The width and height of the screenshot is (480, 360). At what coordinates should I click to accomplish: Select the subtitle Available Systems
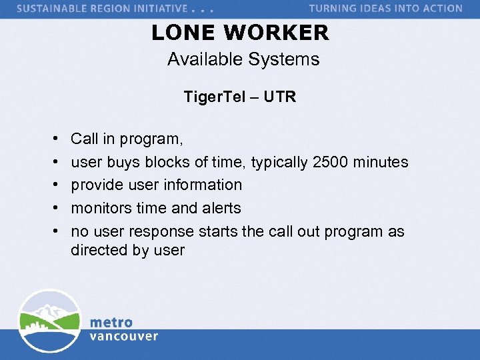(243, 59)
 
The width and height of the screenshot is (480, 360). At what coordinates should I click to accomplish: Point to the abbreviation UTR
(279, 97)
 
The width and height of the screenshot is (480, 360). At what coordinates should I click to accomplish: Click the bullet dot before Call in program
(53, 139)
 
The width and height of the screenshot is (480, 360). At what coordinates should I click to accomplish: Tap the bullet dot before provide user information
(53, 185)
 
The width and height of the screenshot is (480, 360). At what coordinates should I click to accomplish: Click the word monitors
(101, 208)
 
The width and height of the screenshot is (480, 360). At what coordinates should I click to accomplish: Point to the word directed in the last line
(99, 250)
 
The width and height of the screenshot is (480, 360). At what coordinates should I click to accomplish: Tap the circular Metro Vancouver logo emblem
(49, 321)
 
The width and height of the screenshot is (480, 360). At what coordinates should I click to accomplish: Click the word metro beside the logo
(111, 323)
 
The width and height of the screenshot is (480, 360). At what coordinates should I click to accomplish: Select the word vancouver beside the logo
(124, 336)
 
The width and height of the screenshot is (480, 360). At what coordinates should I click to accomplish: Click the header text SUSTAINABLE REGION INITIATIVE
(101, 9)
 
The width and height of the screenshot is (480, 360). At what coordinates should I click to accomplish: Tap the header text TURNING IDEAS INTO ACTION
(385, 9)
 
